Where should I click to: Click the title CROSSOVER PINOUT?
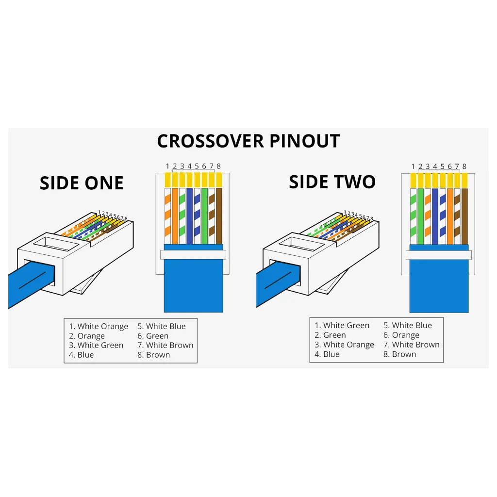248,141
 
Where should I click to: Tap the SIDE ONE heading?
82,183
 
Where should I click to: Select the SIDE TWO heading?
332,182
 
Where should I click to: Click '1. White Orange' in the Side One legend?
99,326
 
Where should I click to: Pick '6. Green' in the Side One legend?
153,336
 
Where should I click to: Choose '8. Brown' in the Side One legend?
154,355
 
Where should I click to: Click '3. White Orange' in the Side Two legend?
344,345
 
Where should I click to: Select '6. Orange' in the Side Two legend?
401,335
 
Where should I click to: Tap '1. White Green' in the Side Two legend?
342,325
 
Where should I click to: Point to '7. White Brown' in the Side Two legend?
412,345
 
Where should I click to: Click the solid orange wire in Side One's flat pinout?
175,216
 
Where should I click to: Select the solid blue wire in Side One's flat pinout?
190,216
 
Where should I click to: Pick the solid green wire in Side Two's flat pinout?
421,216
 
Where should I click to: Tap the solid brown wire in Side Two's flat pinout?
464,216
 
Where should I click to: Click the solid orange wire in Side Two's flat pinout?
450,216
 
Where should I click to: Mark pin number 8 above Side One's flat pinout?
219,166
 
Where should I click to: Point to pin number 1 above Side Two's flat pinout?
413,166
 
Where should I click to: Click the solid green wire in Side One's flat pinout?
204,216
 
